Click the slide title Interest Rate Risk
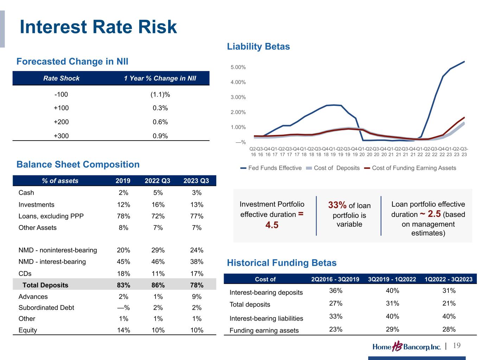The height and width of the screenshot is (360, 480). pyautogui.click(x=98, y=27)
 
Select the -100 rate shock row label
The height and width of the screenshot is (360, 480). pyautogui.click(x=61, y=95)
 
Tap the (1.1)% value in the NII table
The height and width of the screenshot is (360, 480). pyautogui.click(x=160, y=95)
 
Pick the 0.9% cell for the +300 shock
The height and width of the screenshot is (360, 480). pyautogui.click(x=160, y=136)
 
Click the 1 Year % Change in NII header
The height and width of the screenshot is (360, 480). pyautogui.click(x=160, y=78)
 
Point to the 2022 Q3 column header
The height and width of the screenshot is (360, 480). pyautogui.click(x=158, y=181)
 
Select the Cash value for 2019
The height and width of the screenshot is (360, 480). pyautogui.click(x=123, y=193)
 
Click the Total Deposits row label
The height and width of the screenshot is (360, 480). pyautogui.click(x=45, y=285)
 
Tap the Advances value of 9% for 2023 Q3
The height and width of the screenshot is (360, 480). pyautogui.click(x=197, y=297)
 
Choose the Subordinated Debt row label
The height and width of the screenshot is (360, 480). pyautogui.click(x=46, y=308)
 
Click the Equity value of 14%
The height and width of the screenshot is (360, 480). pyautogui.click(x=123, y=330)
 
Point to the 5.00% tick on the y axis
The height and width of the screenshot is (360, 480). pyautogui.click(x=238, y=67)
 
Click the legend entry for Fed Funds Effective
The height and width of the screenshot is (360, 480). pyautogui.click(x=271, y=168)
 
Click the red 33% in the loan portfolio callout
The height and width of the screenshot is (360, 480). pyautogui.click(x=338, y=205)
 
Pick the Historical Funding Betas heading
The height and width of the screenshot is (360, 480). pyautogui.click(x=282, y=263)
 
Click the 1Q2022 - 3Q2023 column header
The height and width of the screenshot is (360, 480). pyautogui.click(x=448, y=279)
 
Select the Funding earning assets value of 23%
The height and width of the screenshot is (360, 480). pyautogui.click(x=335, y=329)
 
